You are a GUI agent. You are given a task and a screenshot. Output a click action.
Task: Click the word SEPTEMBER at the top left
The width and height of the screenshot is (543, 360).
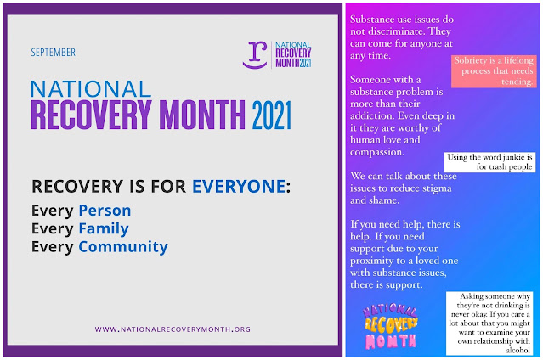pyautogui.click(x=53, y=53)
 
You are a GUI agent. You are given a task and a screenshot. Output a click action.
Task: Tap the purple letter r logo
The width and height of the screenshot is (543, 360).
pyautogui.click(x=255, y=54)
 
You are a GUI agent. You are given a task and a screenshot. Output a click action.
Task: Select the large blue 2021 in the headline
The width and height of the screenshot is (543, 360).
pyautogui.click(x=272, y=115)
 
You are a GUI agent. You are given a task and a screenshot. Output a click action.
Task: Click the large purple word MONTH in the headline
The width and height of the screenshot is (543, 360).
pyautogui.click(x=202, y=115)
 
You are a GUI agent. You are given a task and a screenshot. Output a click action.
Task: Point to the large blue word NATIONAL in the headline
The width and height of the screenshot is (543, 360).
pyautogui.click(x=91, y=89)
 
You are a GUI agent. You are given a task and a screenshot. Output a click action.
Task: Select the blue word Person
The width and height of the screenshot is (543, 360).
pyautogui.click(x=105, y=211)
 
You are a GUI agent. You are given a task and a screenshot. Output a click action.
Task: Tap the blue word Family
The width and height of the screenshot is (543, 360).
pyautogui.click(x=104, y=228)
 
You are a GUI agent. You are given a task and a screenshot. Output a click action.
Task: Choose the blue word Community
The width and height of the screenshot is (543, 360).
pyautogui.click(x=123, y=247)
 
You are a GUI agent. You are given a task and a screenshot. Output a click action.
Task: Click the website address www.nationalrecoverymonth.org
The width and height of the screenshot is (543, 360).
pyautogui.click(x=173, y=329)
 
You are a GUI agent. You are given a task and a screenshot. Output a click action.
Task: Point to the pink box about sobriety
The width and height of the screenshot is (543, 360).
pyautogui.click(x=494, y=71)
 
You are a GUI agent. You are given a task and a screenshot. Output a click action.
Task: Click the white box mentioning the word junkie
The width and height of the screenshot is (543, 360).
pyautogui.click(x=489, y=162)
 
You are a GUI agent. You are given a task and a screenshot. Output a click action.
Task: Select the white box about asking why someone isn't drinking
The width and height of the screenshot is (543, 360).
pyautogui.click(x=489, y=323)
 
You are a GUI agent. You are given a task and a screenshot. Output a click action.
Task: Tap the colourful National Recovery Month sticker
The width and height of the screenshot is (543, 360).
pyautogui.click(x=391, y=326)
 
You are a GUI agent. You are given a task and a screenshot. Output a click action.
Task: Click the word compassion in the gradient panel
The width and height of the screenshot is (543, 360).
pyautogui.click(x=376, y=152)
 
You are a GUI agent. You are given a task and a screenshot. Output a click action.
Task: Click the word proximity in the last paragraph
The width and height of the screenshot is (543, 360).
pyautogui.click(x=371, y=261)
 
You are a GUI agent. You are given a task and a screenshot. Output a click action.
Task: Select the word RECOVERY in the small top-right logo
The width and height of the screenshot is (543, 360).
pyautogui.click(x=293, y=53)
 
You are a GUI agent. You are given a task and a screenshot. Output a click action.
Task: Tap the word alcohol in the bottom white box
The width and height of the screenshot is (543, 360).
pyautogui.click(x=518, y=350)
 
